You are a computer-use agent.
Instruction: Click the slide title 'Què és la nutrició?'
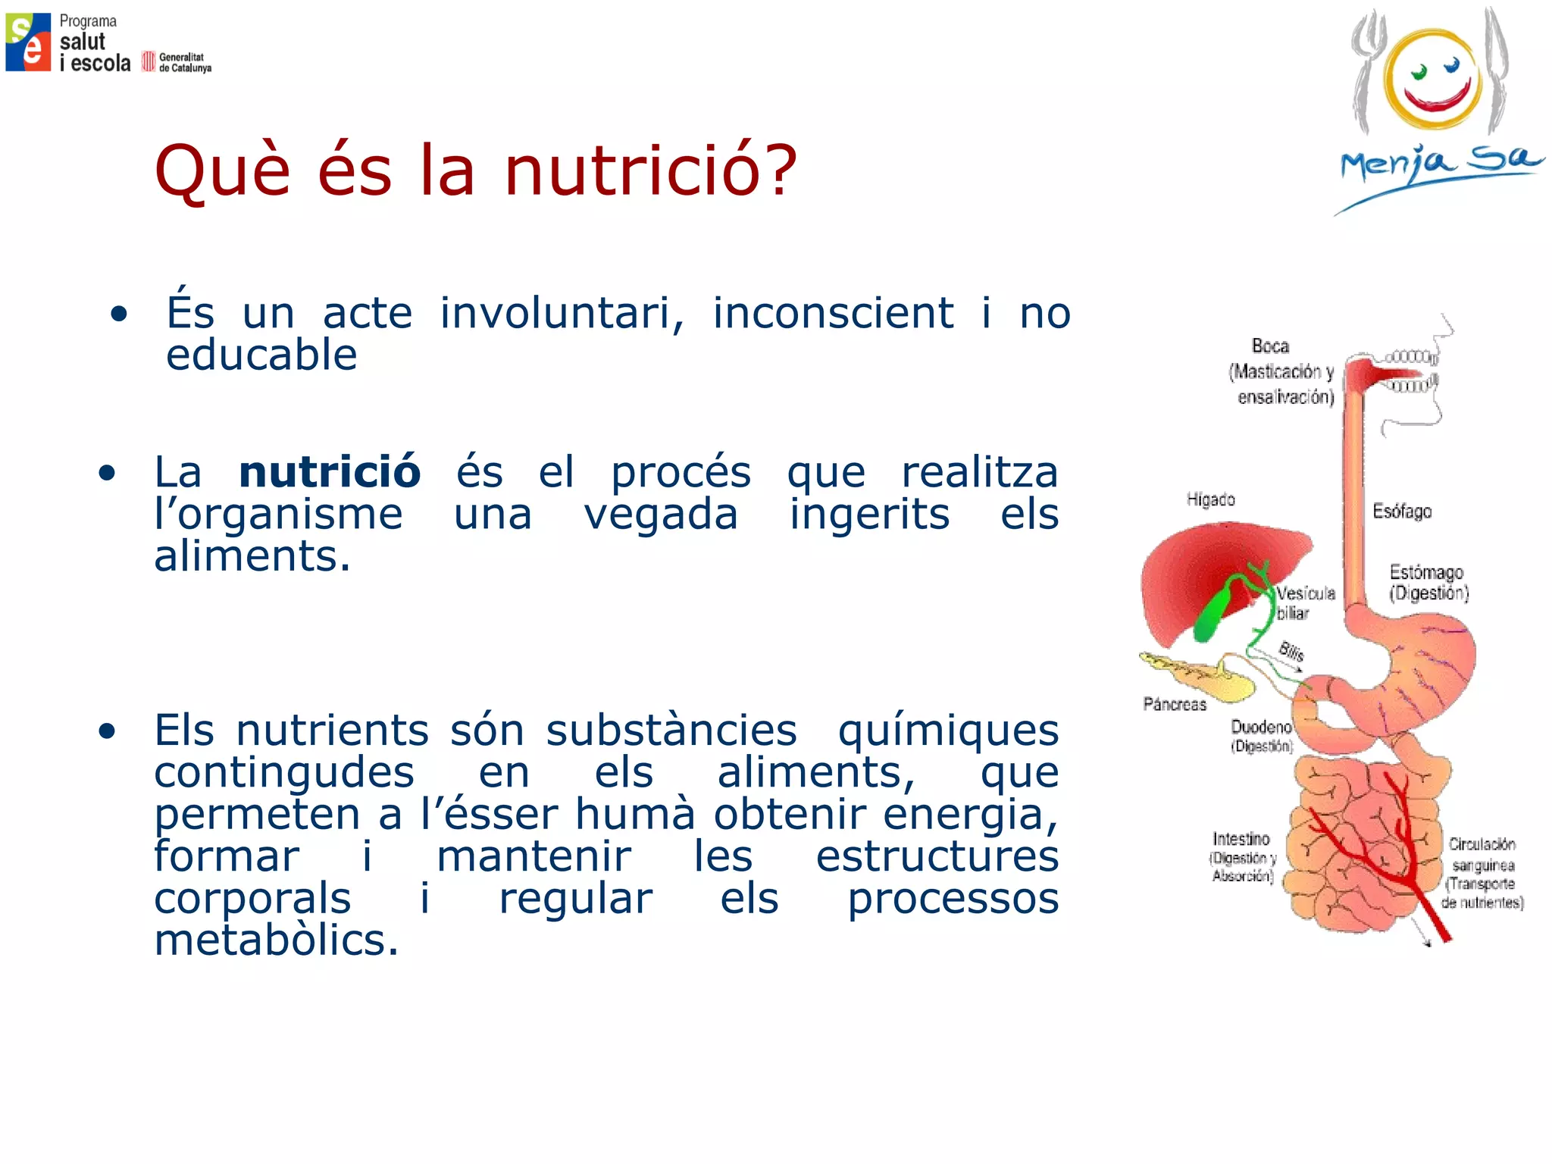[476, 170]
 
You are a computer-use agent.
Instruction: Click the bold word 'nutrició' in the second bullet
[330, 472]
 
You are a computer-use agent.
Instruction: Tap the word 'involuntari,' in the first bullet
[562, 313]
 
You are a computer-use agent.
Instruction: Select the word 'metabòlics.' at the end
[276, 940]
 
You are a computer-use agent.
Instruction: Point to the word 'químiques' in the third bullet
[948, 731]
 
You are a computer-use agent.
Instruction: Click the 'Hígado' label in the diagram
[1210, 499]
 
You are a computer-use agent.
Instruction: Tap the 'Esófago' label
[1402, 512]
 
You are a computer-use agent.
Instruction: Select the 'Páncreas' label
[1175, 704]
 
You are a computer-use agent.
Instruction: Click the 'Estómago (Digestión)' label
[1428, 582]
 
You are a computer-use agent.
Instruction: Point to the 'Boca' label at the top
[1271, 346]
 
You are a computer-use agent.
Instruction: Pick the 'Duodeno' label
[1261, 727]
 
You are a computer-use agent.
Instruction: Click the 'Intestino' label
[1241, 839]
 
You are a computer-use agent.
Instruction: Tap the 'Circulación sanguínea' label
[1482, 854]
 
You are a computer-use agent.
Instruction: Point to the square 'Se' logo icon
[28, 42]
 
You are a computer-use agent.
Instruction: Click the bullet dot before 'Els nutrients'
[107, 731]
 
